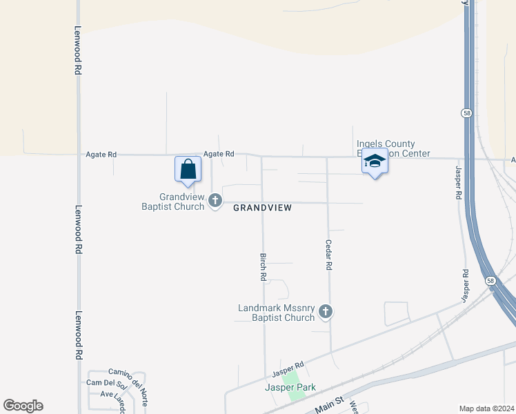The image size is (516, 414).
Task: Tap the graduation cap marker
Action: click(x=375, y=161)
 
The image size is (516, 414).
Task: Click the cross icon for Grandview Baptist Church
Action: click(x=215, y=201)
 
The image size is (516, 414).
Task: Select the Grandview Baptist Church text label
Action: click(x=172, y=201)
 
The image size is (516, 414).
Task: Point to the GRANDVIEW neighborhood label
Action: click(x=262, y=208)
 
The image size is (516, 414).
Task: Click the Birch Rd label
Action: click(x=263, y=266)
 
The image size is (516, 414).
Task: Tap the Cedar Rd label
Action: click(x=329, y=255)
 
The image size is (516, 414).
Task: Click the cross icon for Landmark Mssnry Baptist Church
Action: click(x=326, y=313)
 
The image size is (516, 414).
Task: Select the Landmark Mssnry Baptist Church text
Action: click(x=276, y=313)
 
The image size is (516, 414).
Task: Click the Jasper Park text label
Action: click(x=290, y=388)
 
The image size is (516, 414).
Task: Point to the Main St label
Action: click(x=330, y=404)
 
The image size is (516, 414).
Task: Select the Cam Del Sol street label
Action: click(x=103, y=383)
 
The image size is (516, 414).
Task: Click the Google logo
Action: click(x=23, y=406)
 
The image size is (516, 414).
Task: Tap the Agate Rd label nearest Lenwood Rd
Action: click(x=101, y=155)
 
